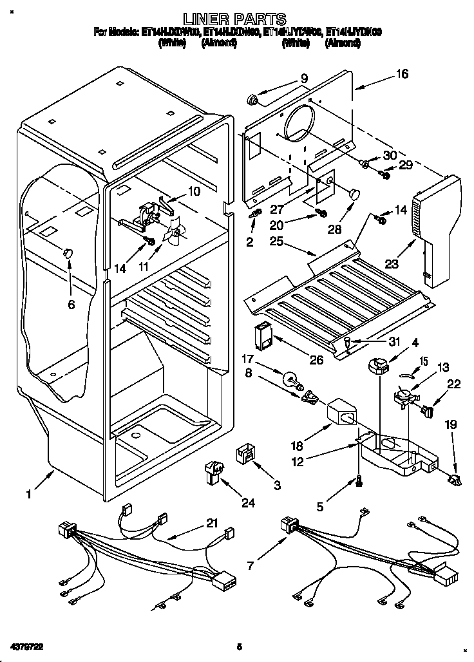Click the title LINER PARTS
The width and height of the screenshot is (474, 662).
pos(235,19)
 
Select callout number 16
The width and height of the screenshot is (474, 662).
pos(402,74)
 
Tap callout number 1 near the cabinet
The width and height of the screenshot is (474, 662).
pos(28,494)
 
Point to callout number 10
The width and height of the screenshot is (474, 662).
pos(194,191)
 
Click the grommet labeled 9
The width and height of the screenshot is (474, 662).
pos(253,100)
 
